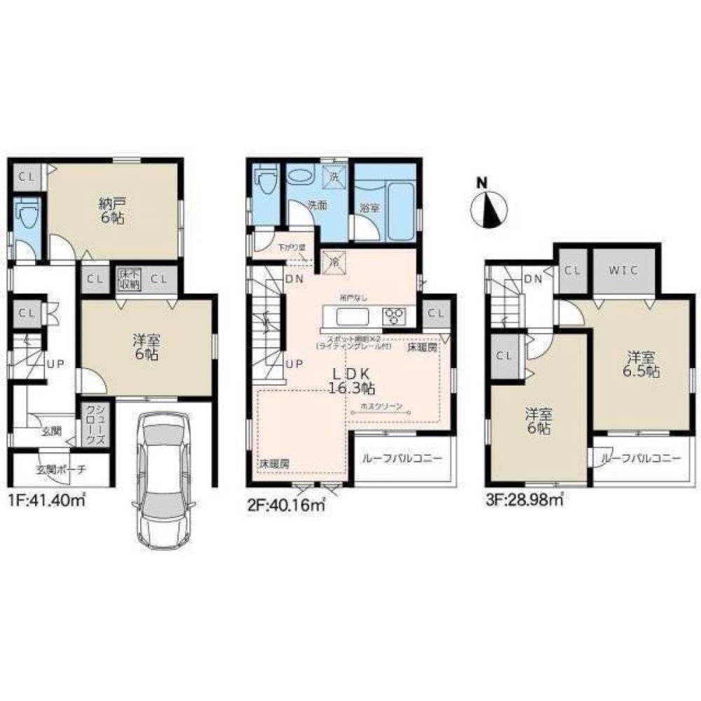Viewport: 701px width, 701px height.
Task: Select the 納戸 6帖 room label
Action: [x=113, y=211]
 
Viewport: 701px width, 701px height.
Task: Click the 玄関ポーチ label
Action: [x=59, y=470]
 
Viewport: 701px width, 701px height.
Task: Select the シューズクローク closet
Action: [x=93, y=426]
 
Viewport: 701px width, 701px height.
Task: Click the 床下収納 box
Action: [x=128, y=278]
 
